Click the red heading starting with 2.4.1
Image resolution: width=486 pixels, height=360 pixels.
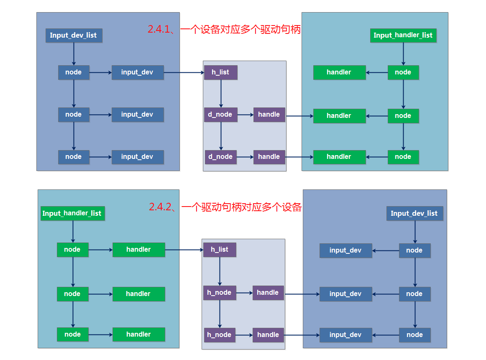(224, 29)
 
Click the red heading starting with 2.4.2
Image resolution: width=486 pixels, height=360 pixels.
(225, 207)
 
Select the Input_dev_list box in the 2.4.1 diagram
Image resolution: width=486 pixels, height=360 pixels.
(74, 36)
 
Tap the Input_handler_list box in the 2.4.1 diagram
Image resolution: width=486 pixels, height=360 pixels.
(403, 36)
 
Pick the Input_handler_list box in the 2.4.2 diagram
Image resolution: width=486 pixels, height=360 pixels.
(72, 213)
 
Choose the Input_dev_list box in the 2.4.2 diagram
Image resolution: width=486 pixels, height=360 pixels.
(414, 213)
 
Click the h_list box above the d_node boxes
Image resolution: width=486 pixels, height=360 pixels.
(220, 72)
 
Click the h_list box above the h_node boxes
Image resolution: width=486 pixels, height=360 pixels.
(220, 250)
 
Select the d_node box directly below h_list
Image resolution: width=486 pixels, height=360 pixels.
(220, 115)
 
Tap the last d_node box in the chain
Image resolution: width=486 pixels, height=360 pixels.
(220, 157)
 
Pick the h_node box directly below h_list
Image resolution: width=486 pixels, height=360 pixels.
(220, 293)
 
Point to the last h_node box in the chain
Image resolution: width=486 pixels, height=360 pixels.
(220, 335)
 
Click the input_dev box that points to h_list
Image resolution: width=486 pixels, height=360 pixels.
(137, 72)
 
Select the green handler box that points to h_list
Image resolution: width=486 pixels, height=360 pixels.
(138, 250)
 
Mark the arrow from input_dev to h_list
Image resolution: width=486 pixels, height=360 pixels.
(184, 72)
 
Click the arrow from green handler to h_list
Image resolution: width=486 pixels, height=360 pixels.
(184, 250)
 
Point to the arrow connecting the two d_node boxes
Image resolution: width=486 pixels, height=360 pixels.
(221, 135)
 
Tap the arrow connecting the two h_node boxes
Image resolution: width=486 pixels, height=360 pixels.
(220, 314)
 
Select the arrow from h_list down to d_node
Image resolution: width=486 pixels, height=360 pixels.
(221, 93)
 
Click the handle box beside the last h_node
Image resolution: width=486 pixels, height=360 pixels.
(268, 335)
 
